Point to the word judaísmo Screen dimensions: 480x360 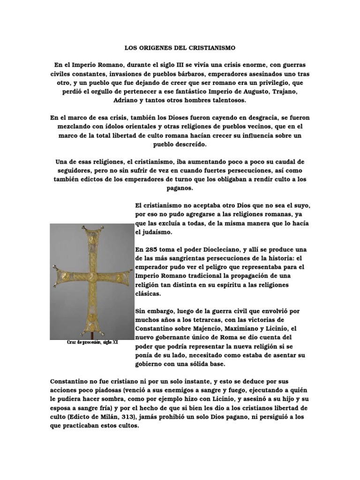tap(148, 232)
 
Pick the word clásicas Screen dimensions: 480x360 tap(149, 294)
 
